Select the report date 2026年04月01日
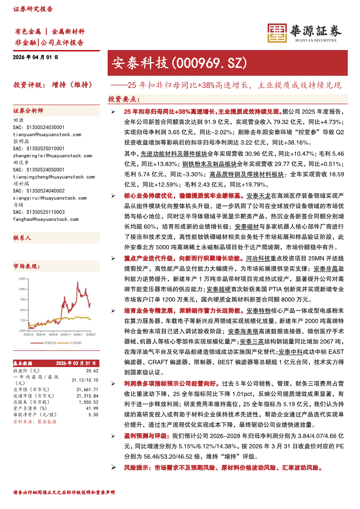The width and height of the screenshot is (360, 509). point(36,57)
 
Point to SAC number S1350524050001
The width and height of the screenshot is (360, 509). point(39,170)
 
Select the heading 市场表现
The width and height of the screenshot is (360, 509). point(26,266)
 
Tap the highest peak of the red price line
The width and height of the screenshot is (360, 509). point(78,283)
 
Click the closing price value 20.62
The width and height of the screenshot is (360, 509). point(92,370)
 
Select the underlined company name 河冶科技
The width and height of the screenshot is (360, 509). point(258,258)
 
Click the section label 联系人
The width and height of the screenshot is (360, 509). point(22,238)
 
